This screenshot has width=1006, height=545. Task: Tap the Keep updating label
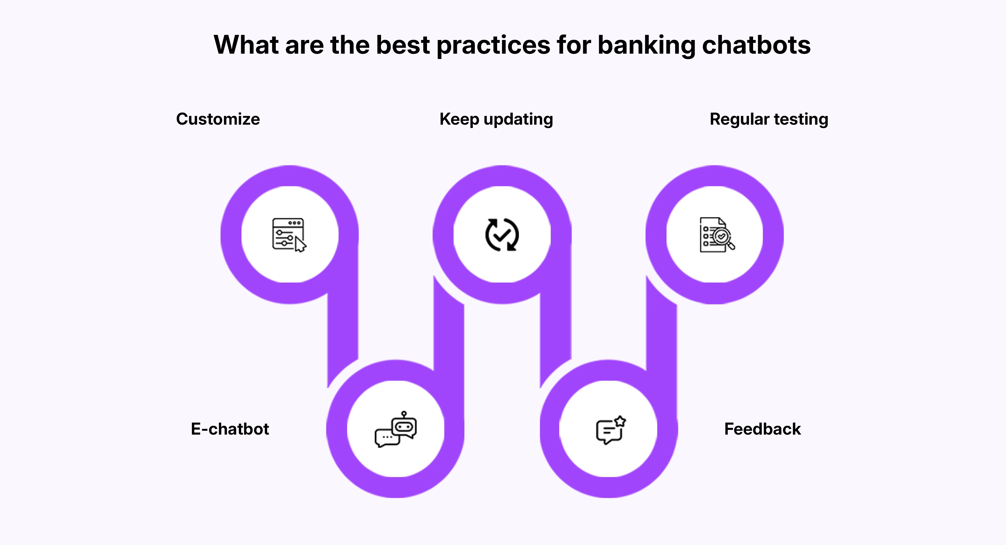click(x=496, y=119)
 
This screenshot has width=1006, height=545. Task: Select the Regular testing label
click(x=768, y=119)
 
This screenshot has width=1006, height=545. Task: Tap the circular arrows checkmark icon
click(x=502, y=234)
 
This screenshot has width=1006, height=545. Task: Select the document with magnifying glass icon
click(x=716, y=234)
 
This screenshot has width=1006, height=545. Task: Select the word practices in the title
click(x=493, y=45)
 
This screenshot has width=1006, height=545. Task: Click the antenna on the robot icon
click(x=404, y=413)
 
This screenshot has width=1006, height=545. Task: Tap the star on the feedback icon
click(x=620, y=421)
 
